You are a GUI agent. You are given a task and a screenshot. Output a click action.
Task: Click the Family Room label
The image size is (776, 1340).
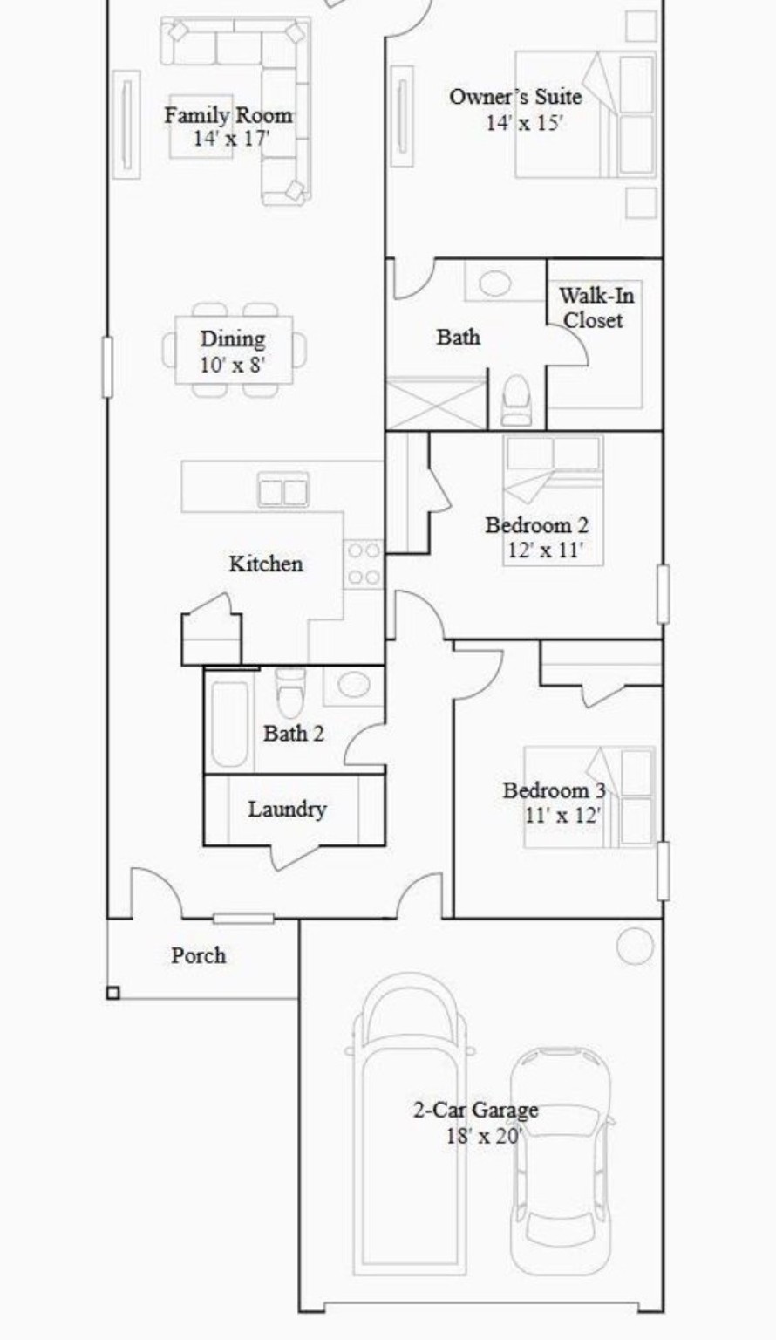[x=228, y=115]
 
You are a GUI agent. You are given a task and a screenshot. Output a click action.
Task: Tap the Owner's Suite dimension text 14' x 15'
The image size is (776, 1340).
[x=524, y=122]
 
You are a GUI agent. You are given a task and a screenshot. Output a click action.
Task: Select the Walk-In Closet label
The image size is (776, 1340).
[x=596, y=308]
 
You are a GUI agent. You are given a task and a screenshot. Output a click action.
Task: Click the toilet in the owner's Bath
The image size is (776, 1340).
[x=516, y=400]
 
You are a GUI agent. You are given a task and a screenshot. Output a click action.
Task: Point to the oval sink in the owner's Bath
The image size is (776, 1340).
[x=494, y=284]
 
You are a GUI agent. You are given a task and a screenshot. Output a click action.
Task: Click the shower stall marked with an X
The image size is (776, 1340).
[x=435, y=403]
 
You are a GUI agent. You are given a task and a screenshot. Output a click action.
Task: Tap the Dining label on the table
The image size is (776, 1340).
[x=233, y=338]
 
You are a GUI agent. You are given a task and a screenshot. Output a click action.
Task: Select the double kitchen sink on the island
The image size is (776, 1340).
[x=283, y=492]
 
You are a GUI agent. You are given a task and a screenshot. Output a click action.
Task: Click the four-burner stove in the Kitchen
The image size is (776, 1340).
[x=363, y=564]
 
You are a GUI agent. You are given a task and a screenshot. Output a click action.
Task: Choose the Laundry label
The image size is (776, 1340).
[x=287, y=810]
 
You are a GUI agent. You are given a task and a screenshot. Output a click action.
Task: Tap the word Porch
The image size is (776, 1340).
[x=198, y=955]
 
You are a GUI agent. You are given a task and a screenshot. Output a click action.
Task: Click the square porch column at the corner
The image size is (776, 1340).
[x=112, y=993]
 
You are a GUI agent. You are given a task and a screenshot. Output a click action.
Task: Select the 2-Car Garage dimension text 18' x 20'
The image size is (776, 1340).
[x=482, y=1135]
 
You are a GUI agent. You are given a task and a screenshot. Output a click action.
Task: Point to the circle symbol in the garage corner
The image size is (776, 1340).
[x=634, y=946]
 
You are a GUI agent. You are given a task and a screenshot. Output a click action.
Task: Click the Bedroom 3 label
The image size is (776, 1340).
[x=554, y=790]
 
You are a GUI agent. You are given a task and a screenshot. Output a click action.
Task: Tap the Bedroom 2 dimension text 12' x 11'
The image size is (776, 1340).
[x=544, y=550]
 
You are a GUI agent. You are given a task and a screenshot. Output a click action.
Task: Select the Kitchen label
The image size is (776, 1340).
[x=266, y=564]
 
